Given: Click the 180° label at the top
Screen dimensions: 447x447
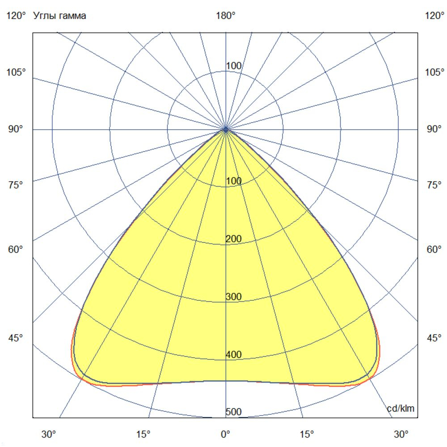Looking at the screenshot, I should tap(226, 16).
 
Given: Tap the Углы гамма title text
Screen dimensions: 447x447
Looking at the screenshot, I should tap(59, 16).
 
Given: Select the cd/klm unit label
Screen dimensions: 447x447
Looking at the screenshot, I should tap(401, 408).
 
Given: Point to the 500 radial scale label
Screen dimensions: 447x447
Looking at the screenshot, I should tap(233, 412).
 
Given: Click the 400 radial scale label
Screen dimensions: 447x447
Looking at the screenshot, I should tap(233, 354).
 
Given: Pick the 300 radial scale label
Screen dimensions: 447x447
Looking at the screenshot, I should tap(233, 297).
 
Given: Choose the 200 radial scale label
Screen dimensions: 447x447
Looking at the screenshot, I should tap(233, 239).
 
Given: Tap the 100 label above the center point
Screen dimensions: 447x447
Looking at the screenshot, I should tap(233, 66).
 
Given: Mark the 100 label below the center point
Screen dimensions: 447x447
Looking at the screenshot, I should tap(233, 181).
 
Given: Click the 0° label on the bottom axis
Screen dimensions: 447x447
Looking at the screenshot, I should tap(226, 434).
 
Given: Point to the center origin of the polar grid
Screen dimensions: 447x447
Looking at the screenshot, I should tap(226, 129).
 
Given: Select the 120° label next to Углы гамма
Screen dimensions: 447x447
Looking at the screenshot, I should tap(16, 16).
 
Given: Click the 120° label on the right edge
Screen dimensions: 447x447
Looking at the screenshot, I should tap(434, 16).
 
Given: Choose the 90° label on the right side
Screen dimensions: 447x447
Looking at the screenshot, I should tap(434, 129).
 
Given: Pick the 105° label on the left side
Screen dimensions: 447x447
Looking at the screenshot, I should tap(16, 72).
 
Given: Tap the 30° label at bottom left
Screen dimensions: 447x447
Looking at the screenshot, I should tap(49, 434).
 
